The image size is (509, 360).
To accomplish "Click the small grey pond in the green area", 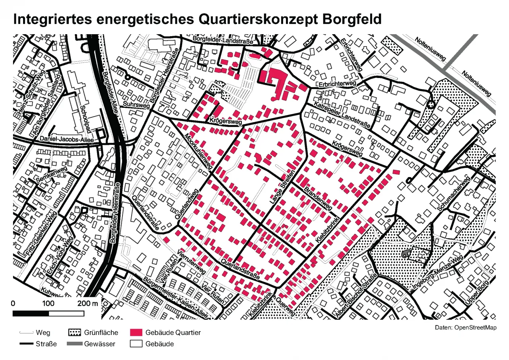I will pos(406,254).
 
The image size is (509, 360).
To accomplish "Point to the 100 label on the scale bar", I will pos(49,304).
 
